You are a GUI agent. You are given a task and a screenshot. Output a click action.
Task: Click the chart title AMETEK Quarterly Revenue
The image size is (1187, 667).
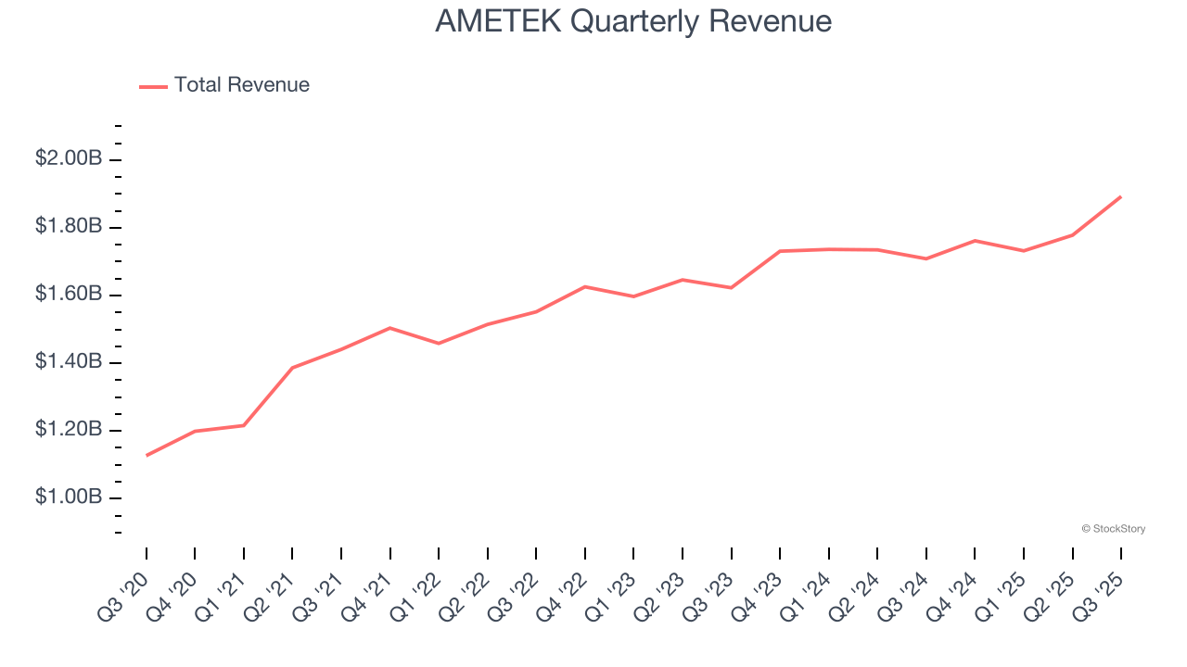point(633,21)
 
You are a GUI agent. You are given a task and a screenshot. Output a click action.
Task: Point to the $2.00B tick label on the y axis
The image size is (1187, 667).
point(68,158)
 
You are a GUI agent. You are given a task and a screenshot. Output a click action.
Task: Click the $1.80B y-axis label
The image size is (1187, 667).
point(68,226)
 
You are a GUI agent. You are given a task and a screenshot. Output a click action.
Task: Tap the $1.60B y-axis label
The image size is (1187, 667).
point(68,294)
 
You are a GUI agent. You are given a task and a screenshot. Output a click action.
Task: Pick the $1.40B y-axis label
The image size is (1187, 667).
point(68,361)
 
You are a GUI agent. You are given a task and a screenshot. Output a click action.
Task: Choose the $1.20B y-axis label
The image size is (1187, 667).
point(68,430)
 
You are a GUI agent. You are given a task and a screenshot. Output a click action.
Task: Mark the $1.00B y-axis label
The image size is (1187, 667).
point(68,497)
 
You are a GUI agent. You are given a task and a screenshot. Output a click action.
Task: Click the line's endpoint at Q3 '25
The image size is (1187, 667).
point(1121,196)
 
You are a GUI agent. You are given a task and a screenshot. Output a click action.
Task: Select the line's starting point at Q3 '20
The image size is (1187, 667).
point(147,455)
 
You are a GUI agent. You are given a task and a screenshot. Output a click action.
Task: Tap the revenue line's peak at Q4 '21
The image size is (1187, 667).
point(390,328)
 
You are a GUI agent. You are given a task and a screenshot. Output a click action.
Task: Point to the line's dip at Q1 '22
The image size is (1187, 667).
point(439,344)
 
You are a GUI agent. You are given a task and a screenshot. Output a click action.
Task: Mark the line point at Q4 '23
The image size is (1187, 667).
point(780,251)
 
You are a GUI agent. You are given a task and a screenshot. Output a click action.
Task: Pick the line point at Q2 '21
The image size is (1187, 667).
point(293,368)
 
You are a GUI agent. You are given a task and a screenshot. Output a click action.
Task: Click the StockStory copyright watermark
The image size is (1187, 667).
point(1113,529)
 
